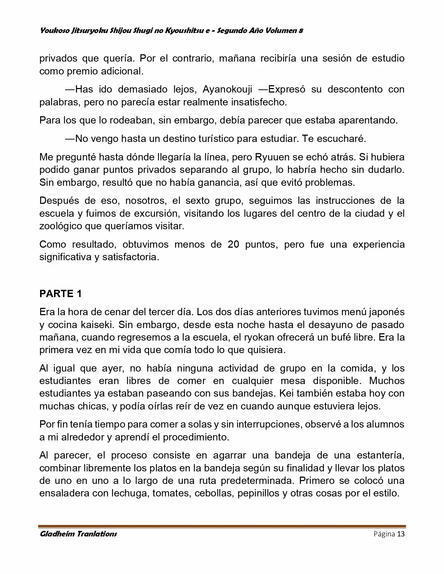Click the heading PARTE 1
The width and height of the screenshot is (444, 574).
(x=61, y=294)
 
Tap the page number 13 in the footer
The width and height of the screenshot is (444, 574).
(x=401, y=534)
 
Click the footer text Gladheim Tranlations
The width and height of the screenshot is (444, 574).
(x=78, y=534)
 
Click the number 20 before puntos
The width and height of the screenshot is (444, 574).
(x=233, y=244)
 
